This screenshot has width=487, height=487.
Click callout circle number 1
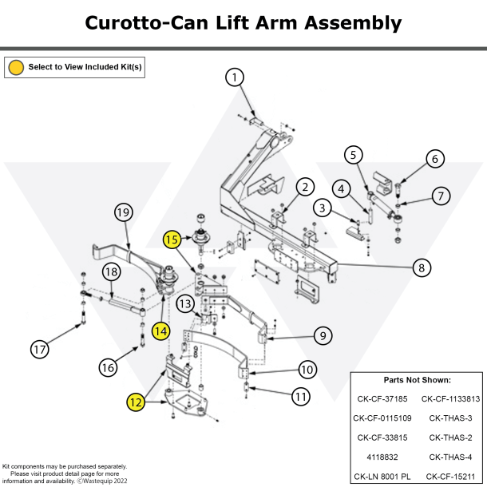234,77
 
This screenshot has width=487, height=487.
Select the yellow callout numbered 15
172,239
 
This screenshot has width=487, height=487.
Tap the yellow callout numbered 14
161,329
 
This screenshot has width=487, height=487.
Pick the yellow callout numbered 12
136,403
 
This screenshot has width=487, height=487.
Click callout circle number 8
422,268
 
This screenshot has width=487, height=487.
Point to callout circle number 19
122,212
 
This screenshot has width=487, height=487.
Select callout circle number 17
39,349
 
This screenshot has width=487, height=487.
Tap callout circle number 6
434,159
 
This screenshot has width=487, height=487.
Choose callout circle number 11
300,395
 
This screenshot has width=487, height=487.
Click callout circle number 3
322,209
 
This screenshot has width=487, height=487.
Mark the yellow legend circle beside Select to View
15,67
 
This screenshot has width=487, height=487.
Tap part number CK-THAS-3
450,418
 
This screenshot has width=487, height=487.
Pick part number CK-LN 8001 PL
382,477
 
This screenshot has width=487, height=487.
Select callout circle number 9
322,336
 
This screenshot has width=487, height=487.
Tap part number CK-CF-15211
450,477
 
